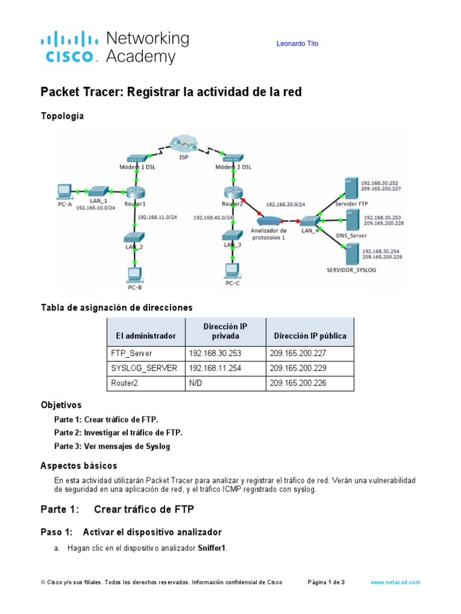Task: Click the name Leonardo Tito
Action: (x=297, y=44)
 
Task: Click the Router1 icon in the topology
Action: (x=135, y=191)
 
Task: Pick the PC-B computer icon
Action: (x=134, y=275)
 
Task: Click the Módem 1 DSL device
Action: (x=136, y=160)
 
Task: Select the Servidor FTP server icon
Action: (x=348, y=188)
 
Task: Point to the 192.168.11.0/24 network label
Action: (x=157, y=218)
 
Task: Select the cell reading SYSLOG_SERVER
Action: (x=144, y=368)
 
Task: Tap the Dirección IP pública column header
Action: (x=310, y=336)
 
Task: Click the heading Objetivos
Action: (x=61, y=405)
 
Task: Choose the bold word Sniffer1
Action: (x=212, y=548)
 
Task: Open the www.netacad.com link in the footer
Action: (x=395, y=582)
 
